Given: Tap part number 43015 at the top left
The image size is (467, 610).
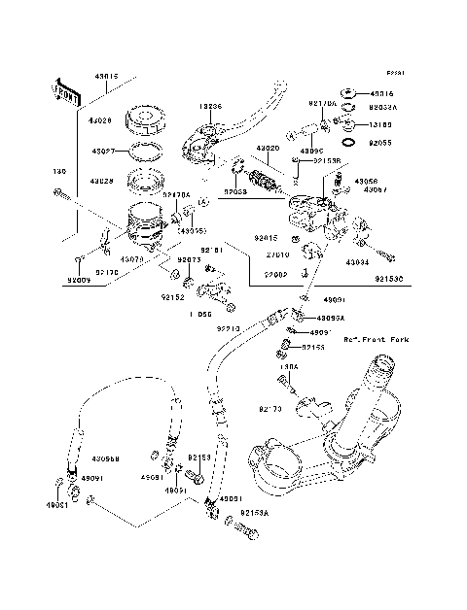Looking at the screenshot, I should click(106, 75).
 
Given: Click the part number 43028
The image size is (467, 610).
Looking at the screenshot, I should click(102, 181).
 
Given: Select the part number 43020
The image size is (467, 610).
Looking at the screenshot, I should click(269, 149).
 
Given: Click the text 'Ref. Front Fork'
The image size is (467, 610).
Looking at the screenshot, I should click(376, 340).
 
